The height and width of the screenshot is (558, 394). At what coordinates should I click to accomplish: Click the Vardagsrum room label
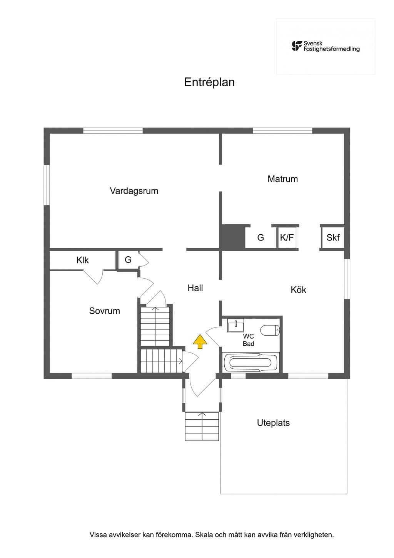pos(134,191)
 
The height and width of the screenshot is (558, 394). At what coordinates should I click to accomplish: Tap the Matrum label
pos(282,179)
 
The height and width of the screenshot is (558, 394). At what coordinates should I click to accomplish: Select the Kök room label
pos(298,290)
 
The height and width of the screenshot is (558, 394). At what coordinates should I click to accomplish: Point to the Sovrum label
pos(105,311)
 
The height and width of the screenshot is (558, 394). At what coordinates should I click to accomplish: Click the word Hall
pos(195,288)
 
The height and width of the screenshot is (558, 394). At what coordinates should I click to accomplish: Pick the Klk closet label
pos(82,260)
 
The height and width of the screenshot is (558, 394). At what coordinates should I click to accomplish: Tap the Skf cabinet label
pos(333,238)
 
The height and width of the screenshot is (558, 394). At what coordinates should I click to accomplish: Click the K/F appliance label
pos(287,237)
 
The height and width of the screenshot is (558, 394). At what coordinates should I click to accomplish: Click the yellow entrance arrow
pos(200,341)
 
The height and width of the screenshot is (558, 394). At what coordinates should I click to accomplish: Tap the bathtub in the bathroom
pos(250,363)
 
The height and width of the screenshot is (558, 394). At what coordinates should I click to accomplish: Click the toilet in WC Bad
pos(270,331)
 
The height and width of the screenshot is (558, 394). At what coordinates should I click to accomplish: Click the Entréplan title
pos(209,82)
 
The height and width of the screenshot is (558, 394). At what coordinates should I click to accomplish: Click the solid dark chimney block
pos(232,237)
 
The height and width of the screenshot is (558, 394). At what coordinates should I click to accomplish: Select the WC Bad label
pos(248,340)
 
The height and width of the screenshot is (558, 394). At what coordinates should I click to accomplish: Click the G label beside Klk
pos(128,260)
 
